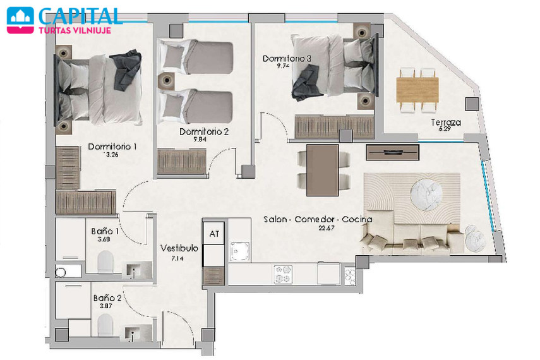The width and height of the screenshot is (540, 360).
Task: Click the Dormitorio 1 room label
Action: pyautogui.click(x=112, y=147)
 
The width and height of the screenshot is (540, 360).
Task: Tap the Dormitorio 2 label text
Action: pyautogui.click(x=204, y=131)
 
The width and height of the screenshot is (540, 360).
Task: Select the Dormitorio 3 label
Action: pyautogui.click(x=287, y=59)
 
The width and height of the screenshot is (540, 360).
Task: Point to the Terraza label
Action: pyautogui.click(x=446, y=122)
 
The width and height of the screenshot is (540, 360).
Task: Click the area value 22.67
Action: pyautogui.click(x=326, y=228)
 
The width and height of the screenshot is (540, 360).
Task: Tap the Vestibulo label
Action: pyautogui.click(x=179, y=248)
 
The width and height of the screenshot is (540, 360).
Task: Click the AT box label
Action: pyautogui.click(x=214, y=234)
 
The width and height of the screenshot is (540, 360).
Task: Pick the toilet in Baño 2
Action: pyautogui.click(x=105, y=325)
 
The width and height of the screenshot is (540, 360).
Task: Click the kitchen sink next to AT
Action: pyautogui.click(x=240, y=251)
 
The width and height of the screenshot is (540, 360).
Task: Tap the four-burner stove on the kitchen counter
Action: pyautogui.click(x=283, y=274)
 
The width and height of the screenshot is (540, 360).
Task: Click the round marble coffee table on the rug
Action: pyautogui.click(x=427, y=195)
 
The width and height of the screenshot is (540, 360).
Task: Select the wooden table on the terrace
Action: pyautogui.click(x=417, y=90)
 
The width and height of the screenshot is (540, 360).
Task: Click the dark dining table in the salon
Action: pyautogui.click(x=322, y=170)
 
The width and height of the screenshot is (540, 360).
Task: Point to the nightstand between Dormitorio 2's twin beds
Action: pyautogui.click(x=167, y=81)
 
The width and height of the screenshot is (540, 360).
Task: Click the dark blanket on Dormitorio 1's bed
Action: pyautogui.click(x=128, y=70)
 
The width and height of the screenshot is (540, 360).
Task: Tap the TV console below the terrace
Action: pyautogui.click(x=393, y=152)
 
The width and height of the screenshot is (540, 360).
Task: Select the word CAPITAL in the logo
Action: pyautogui.click(x=80, y=16)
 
